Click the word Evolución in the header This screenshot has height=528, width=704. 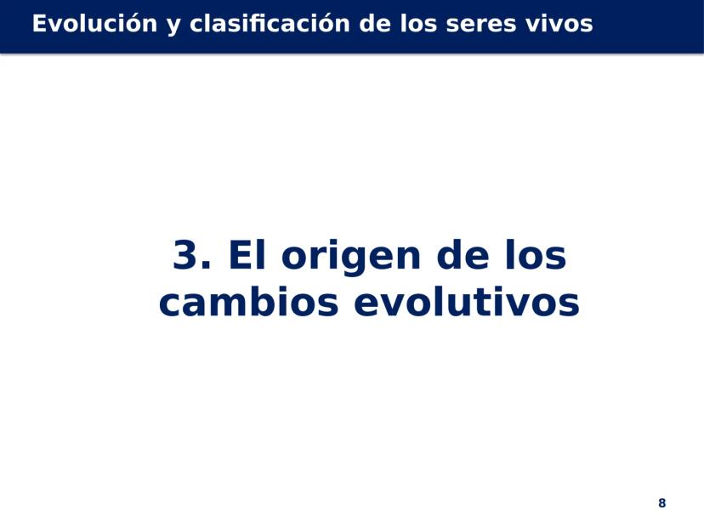point(95,23)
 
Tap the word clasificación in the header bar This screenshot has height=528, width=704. point(270,23)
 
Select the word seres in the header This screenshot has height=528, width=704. point(481,25)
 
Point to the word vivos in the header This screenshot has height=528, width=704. point(559,23)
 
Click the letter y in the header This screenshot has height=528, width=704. point(173,27)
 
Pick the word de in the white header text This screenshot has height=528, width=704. point(375,23)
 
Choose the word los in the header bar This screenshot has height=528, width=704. point(419,23)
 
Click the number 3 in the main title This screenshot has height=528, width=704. point(185,254)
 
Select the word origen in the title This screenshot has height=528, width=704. point(351,258)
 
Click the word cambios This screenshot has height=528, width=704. point(249,301)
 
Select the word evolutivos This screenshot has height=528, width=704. point(467,301)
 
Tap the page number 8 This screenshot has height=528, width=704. point(661,502)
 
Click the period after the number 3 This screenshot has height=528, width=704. point(206,266)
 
